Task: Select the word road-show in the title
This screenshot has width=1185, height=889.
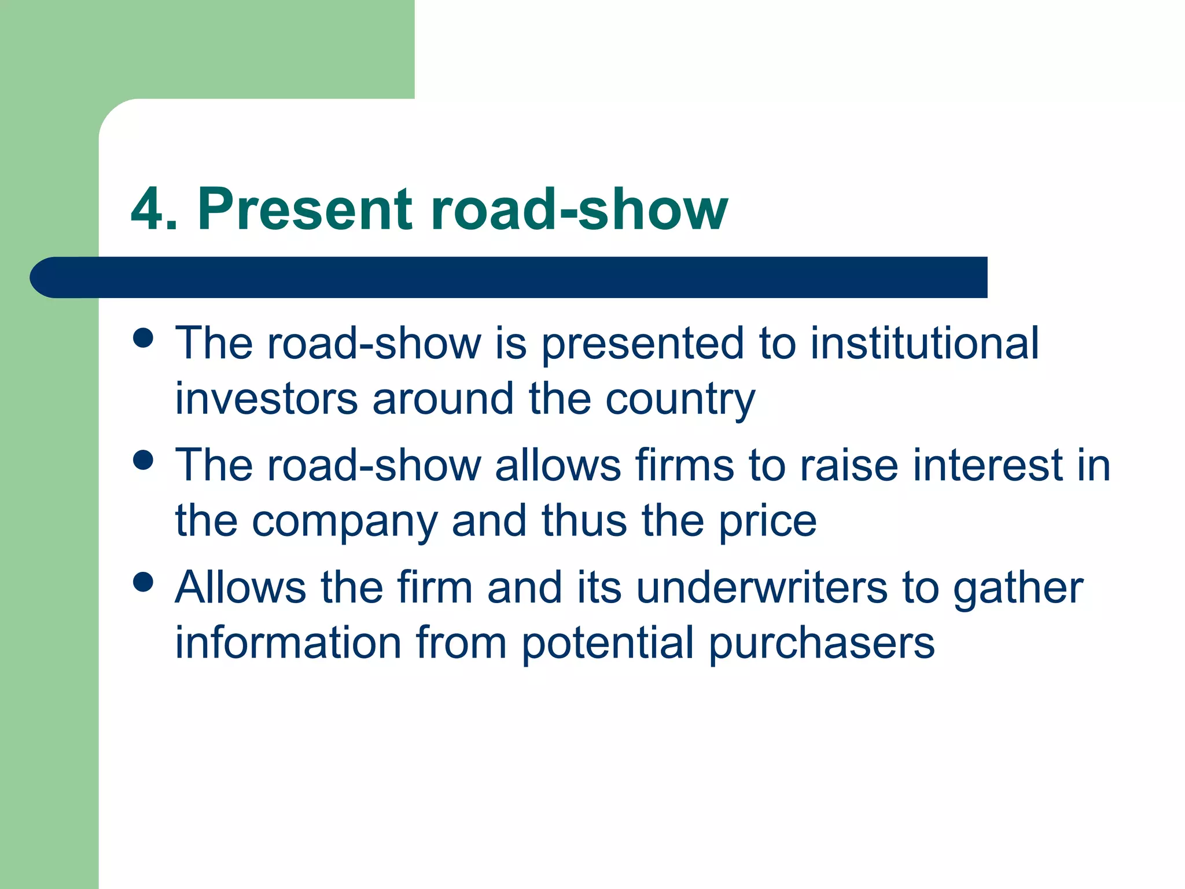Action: [x=579, y=209]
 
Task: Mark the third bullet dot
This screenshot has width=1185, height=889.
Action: [x=143, y=582]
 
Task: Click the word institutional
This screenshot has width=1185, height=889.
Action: [x=924, y=343]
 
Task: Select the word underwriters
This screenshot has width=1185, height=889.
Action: [x=761, y=587]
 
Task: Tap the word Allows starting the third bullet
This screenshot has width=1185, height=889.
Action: [x=240, y=587]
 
